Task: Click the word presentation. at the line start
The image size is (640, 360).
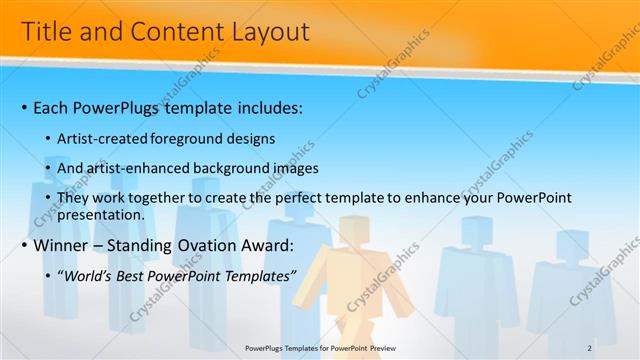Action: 102,214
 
